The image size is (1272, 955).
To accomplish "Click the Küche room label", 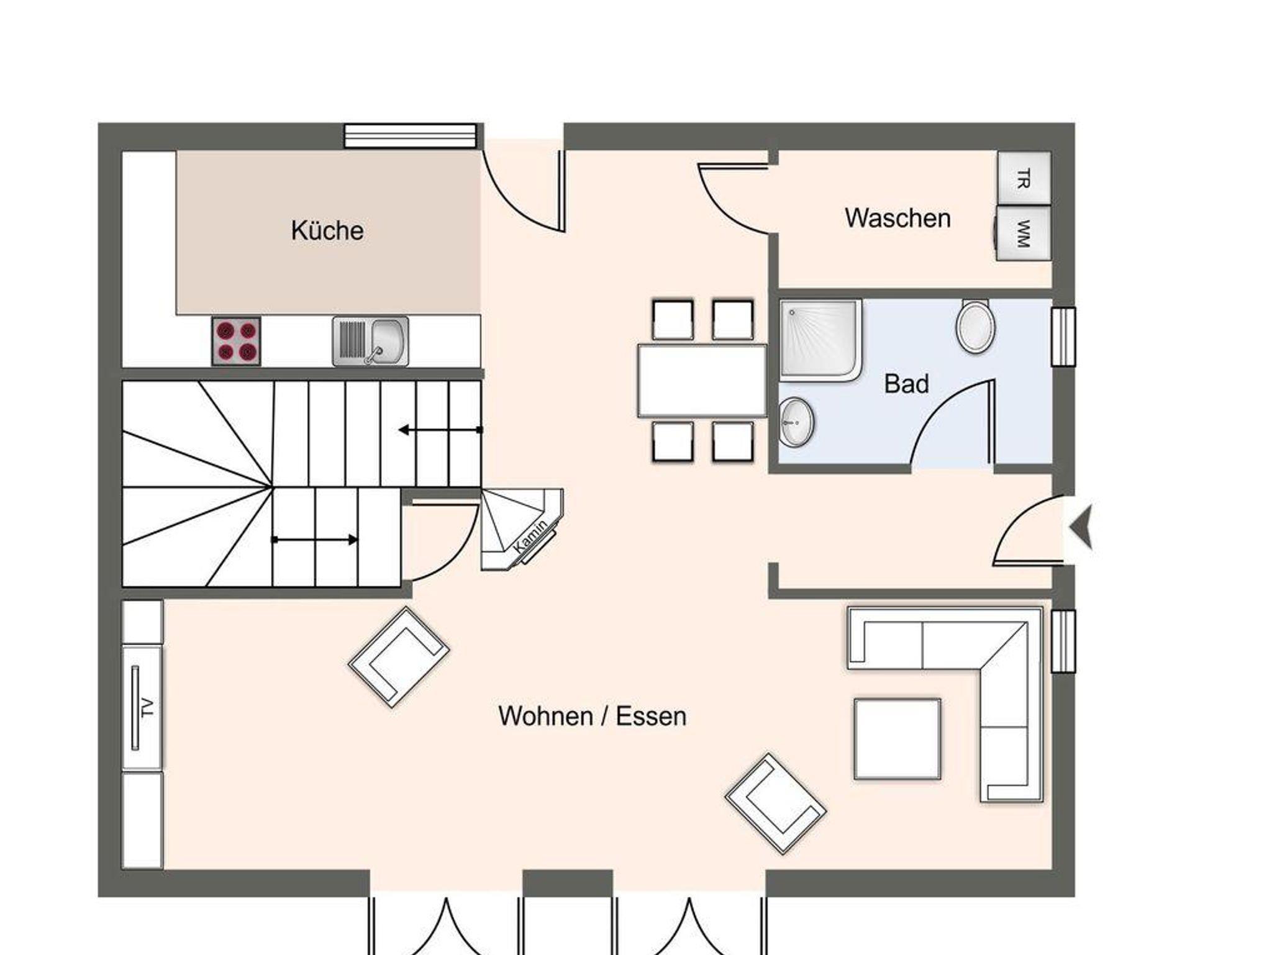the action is click(x=327, y=230).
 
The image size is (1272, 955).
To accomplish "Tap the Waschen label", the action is click(x=897, y=218).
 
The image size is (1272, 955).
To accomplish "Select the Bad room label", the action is click(x=906, y=384).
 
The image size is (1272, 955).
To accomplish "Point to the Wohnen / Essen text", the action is click(x=592, y=716).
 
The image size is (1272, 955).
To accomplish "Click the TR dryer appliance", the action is click(x=1024, y=178).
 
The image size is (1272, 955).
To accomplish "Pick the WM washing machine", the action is click(x=1022, y=233).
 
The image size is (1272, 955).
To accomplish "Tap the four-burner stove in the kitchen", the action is click(x=236, y=340).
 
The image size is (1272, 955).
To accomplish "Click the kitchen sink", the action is click(x=370, y=341).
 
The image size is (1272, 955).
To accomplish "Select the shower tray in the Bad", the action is click(x=820, y=340).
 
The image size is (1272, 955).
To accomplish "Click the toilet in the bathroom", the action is click(x=975, y=327).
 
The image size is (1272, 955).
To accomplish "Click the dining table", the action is click(x=702, y=381).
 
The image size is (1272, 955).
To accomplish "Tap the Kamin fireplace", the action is click(x=522, y=529).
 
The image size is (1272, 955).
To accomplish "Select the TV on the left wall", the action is click(x=135, y=708).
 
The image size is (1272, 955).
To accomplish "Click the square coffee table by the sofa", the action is click(x=897, y=739).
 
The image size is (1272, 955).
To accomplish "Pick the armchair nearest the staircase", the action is click(x=399, y=657).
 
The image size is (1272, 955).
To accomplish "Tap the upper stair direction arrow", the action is click(x=440, y=430).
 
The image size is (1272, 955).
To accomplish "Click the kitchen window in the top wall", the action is click(x=411, y=136).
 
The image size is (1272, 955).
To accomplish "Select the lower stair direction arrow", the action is click(x=315, y=540).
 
